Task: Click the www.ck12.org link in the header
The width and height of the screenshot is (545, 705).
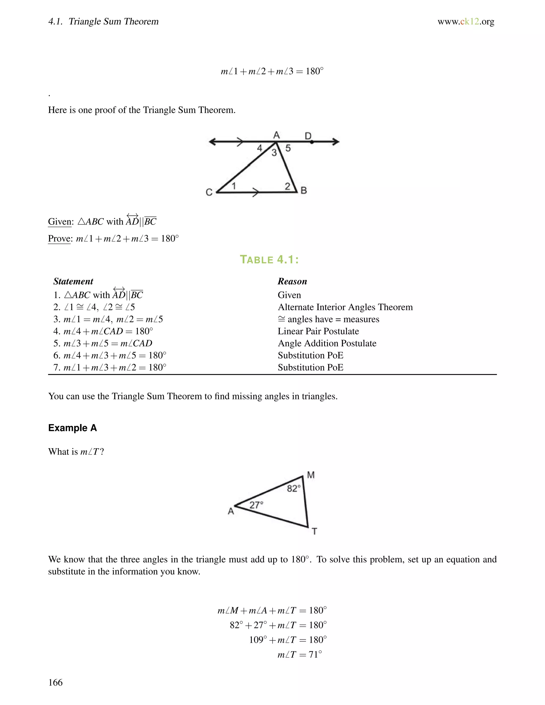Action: click(x=466, y=22)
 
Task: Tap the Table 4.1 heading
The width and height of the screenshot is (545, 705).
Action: click(x=269, y=260)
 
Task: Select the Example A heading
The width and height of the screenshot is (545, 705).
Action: click(x=72, y=428)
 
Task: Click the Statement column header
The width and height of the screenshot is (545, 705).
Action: click(x=73, y=281)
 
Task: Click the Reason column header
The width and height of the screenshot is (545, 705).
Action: click(x=292, y=281)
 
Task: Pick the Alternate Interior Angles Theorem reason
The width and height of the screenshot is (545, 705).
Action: click(x=345, y=307)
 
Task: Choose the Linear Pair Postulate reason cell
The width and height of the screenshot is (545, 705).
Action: click(x=318, y=331)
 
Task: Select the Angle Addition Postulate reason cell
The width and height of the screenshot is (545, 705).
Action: click(x=327, y=343)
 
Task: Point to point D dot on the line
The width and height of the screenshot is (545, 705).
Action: click(x=312, y=142)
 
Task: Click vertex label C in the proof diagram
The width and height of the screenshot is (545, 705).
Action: click(x=209, y=192)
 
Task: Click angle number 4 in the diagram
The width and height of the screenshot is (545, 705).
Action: click(x=259, y=148)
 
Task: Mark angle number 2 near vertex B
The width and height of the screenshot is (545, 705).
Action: click(x=287, y=186)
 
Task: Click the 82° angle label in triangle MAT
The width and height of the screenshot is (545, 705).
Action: click(x=294, y=488)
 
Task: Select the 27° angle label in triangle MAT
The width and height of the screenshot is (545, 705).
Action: click(x=256, y=505)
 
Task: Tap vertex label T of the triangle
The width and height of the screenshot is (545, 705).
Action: click(x=314, y=531)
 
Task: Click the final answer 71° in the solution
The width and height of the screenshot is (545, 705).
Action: click(x=315, y=655)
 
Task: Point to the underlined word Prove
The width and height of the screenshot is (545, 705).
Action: click(x=59, y=239)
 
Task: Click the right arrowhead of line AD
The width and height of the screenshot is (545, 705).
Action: click(x=336, y=141)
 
